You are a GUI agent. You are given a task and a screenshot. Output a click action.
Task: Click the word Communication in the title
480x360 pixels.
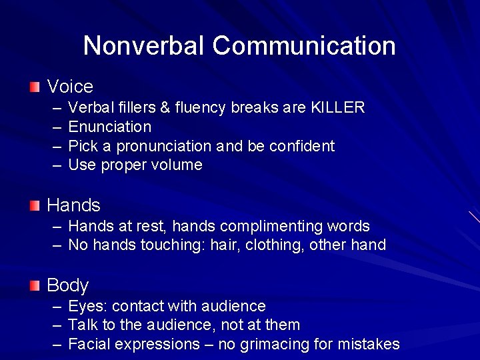click(304, 46)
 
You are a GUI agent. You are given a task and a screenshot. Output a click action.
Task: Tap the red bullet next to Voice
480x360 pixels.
click(35, 87)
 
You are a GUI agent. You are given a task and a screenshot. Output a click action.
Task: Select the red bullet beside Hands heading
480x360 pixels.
click(35, 205)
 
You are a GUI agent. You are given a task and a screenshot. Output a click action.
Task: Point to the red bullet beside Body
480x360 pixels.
click(35, 285)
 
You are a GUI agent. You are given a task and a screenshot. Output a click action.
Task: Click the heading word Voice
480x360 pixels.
click(70, 87)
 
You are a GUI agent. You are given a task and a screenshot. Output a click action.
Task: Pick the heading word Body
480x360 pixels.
click(67, 286)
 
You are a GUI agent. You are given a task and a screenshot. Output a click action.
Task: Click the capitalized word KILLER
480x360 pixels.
click(338, 108)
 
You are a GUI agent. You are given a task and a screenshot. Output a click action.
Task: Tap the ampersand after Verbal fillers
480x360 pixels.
click(165, 108)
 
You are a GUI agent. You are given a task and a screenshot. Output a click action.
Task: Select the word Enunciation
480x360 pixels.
click(110, 127)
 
